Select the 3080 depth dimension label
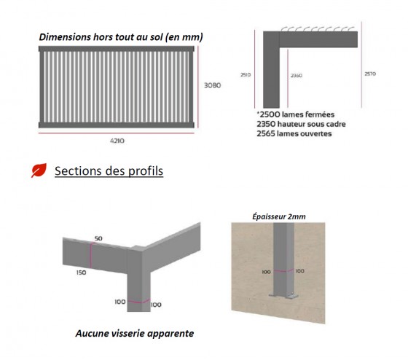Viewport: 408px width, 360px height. coord(212,85)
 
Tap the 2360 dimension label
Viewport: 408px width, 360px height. coord(297,75)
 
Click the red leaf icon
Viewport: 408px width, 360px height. coord(37,171)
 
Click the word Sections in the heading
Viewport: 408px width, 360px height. coord(80,171)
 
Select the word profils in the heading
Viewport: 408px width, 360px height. coord(144,171)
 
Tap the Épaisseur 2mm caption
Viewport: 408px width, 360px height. coord(278,216)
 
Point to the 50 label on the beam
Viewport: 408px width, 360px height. coord(98,239)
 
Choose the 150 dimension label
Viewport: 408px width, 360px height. coord(80,273)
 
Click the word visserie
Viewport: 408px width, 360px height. coord(133,334)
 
